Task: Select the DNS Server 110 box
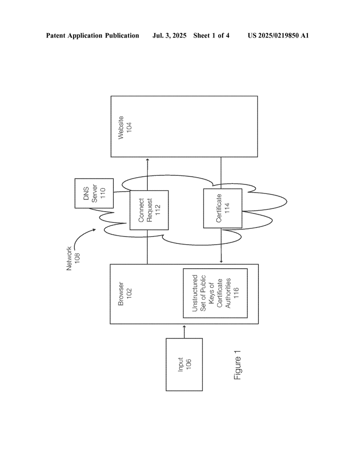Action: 94,193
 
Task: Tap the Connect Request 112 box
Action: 149,210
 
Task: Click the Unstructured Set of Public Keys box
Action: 215,293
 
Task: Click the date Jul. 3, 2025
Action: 170,35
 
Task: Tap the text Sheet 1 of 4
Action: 211,35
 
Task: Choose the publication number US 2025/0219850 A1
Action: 278,35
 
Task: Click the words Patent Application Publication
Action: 92,35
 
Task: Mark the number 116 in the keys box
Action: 236,293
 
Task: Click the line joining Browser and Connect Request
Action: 148,247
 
